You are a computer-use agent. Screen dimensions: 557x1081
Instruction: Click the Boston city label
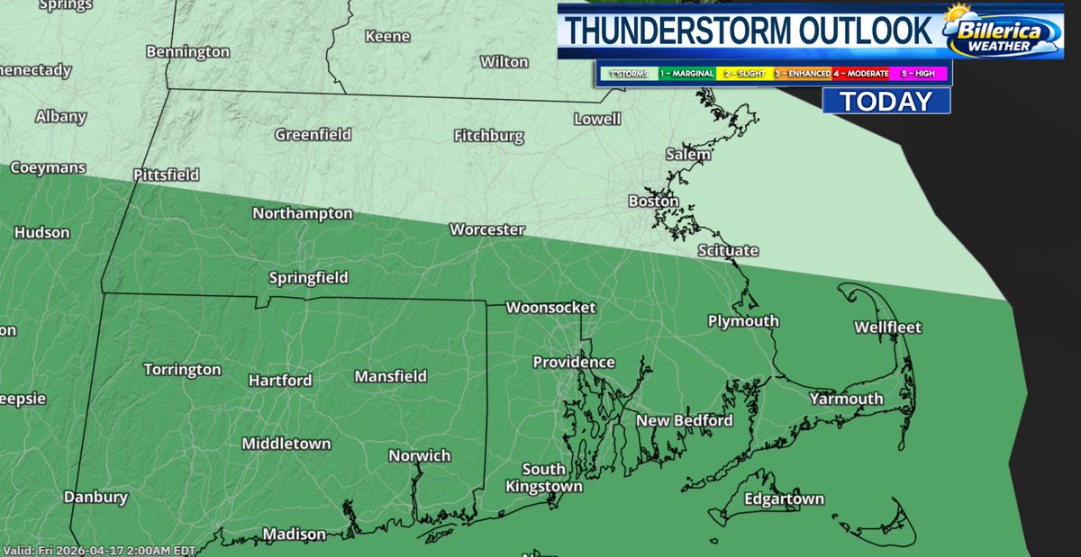click(x=653, y=202)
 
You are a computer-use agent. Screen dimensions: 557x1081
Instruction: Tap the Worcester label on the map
click(x=487, y=229)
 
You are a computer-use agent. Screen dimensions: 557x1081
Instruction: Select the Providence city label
click(x=574, y=362)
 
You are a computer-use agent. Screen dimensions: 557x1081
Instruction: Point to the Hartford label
click(x=280, y=380)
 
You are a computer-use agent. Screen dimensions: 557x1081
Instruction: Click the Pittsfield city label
click(x=166, y=175)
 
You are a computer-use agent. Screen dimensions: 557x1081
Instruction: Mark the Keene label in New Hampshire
click(x=387, y=37)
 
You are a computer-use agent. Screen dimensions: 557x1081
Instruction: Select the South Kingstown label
click(x=544, y=478)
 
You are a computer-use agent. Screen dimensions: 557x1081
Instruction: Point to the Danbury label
click(x=95, y=497)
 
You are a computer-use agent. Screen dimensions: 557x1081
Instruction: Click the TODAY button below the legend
click(x=886, y=101)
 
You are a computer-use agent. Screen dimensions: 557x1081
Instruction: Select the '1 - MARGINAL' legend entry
click(x=686, y=73)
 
